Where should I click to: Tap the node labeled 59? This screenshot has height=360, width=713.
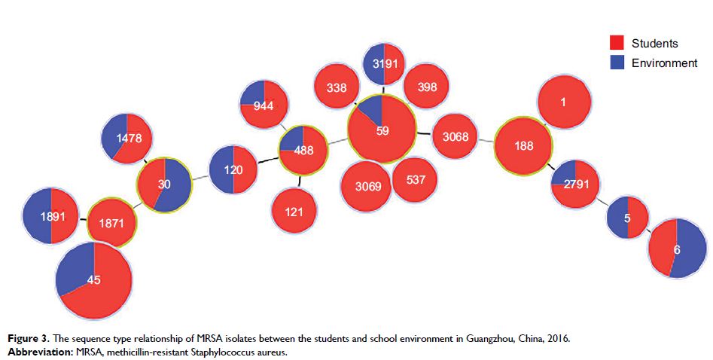[382, 130]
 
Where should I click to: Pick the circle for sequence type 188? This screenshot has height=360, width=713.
[523, 146]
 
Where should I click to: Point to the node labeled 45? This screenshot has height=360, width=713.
[94, 279]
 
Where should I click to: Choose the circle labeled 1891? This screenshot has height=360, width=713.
[50, 215]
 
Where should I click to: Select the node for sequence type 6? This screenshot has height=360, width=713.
[677, 248]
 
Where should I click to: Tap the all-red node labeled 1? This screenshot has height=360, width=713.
[562, 102]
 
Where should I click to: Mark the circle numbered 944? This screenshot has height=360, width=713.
[263, 105]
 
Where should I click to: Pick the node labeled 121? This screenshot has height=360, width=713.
[294, 211]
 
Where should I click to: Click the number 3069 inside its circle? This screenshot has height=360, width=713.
[367, 185]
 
